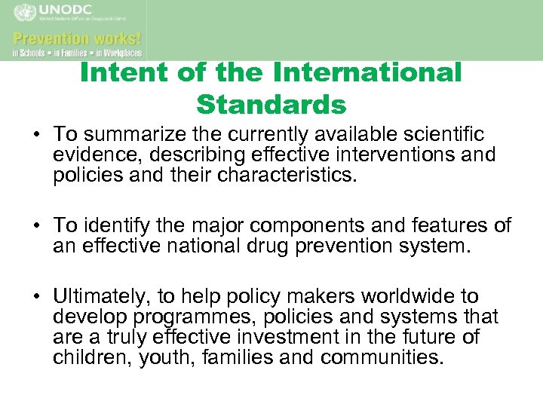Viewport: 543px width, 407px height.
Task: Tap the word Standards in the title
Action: tap(271, 105)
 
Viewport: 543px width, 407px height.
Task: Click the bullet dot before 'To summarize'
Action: tap(36, 135)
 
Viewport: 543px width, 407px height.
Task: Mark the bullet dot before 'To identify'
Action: tap(36, 226)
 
